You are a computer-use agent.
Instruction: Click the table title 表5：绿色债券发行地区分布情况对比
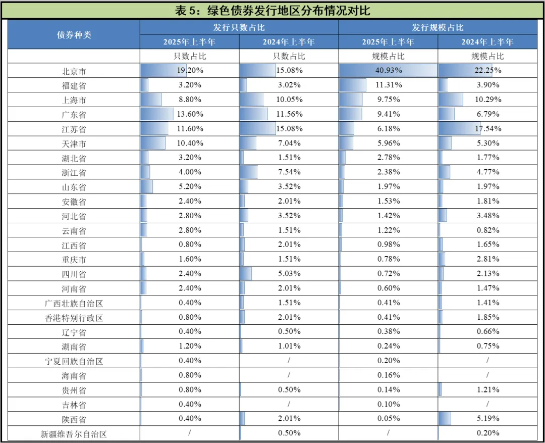click(272, 11)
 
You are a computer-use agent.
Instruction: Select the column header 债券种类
click(74, 35)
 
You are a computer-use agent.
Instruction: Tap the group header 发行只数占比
click(239, 27)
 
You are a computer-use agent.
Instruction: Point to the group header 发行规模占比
click(438, 27)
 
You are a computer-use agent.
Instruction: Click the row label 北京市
click(74, 71)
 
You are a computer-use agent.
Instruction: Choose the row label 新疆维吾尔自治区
click(74, 433)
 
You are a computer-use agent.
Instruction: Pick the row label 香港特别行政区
click(74, 318)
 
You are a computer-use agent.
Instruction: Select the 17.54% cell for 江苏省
click(487, 129)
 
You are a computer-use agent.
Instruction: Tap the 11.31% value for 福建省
click(388, 85)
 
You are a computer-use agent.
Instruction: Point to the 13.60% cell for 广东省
click(190, 114)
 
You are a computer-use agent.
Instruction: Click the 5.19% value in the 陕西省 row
click(487, 418)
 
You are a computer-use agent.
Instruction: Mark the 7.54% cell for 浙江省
click(289, 172)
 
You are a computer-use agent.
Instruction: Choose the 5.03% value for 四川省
click(289, 274)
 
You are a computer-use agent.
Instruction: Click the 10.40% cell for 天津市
click(190, 143)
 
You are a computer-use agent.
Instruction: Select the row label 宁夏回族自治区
click(74, 361)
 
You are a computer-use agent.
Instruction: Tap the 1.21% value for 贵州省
click(487, 389)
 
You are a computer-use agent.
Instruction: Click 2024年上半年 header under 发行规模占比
click(487, 42)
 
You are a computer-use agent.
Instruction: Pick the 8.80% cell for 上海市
click(190, 100)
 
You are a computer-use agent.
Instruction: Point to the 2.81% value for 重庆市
click(487, 259)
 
